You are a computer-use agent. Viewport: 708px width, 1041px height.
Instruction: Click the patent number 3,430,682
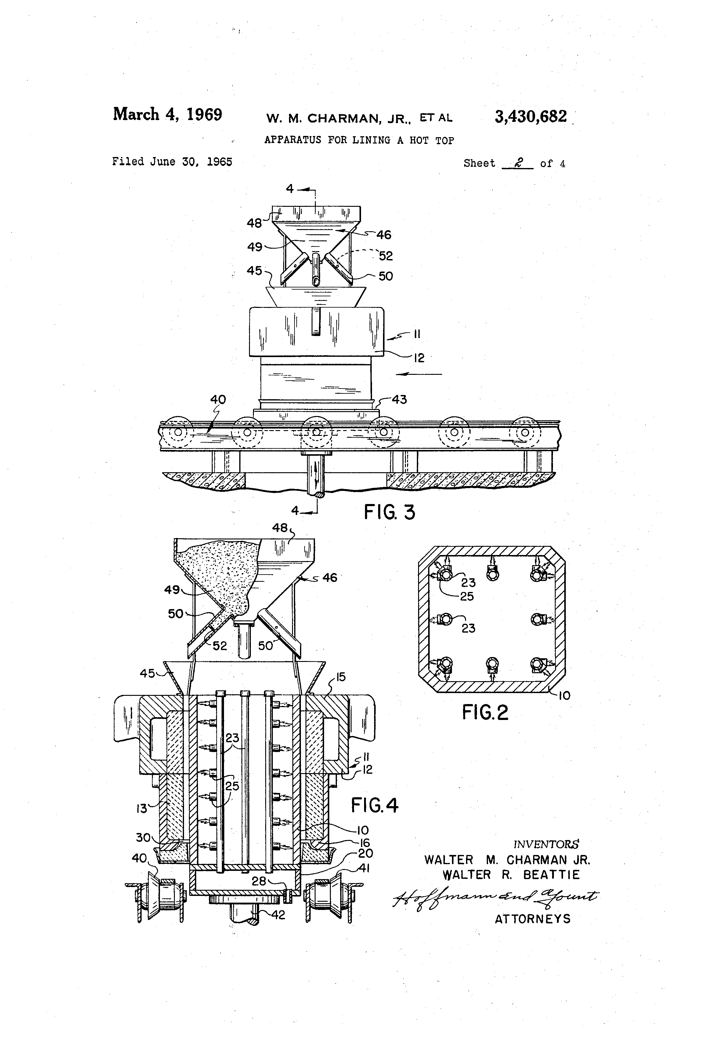click(530, 117)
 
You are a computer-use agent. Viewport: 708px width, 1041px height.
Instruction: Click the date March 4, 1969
click(167, 114)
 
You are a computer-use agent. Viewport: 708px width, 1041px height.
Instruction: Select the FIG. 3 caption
click(389, 512)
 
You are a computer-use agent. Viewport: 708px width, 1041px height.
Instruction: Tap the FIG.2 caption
click(485, 712)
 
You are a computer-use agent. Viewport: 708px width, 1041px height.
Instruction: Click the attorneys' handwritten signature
click(494, 896)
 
